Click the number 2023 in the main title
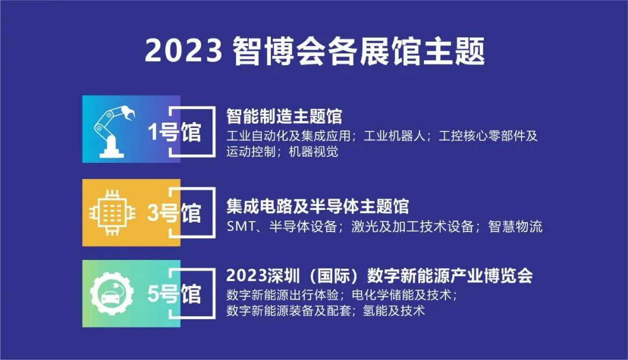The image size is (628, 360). [x=183, y=51]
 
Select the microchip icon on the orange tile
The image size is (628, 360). [x=112, y=213]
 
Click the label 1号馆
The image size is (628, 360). [x=174, y=132]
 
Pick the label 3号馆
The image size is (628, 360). [x=174, y=213]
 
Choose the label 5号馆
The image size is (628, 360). [x=174, y=294]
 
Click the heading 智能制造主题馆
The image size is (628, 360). [x=284, y=116]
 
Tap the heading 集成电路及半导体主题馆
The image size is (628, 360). [x=317, y=206]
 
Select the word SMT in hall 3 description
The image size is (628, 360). [x=241, y=227]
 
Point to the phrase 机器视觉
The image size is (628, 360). [x=313, y=152]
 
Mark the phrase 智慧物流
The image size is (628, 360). [x=515, y=227]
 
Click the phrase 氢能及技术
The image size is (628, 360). [x=393, y=311]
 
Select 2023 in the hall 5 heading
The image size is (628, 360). [x=247, y=276]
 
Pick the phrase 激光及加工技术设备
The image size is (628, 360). [x=413, y=227]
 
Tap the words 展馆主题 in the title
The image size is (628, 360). [x=423, y=51]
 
